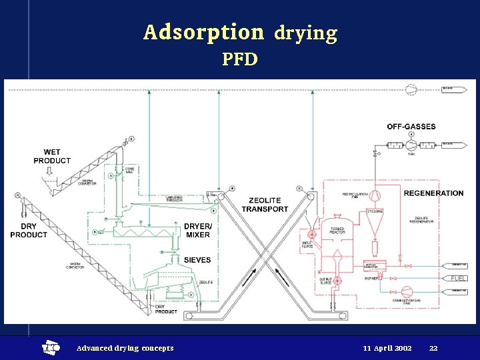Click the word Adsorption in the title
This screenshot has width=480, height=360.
[x=203, y=32]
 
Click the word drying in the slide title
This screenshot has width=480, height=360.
[x=306, y=33]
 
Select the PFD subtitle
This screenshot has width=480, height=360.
[x=240, y=59]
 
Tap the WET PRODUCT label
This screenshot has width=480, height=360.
[x=52, y=157]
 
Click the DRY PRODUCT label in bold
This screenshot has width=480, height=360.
[x=29, y=231]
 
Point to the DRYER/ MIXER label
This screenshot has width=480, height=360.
[x=197, y=231]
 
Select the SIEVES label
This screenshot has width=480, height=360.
[x=197, y=260]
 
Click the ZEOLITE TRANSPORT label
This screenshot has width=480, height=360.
[x=265, y=205]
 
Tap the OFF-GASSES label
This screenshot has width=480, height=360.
[x=411, y=127]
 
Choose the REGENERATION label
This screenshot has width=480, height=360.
[x=433, y=193]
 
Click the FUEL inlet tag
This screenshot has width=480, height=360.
[x=459, y=278]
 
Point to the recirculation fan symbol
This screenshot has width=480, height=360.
[x=375, y=194]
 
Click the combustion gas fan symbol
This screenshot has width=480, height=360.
[x=407, y=291]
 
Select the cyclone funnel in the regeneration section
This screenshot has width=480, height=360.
[x=373, y=224]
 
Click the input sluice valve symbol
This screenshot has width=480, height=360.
[x=311, y=235]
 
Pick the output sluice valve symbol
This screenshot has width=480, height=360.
[x=337, y=281]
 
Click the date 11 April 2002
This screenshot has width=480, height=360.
[x=387, y=348]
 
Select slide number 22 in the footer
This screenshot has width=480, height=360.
[x=433, y=348]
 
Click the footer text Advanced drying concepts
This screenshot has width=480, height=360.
[x=125, y=348]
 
